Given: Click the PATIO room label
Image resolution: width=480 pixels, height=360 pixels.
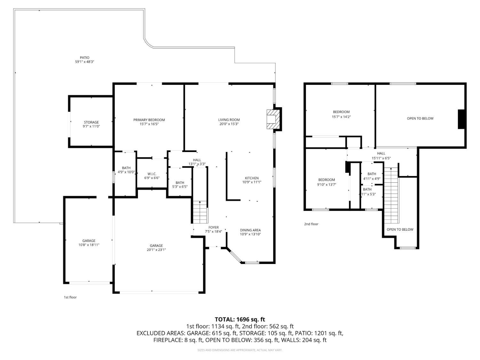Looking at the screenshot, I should pos(84,58).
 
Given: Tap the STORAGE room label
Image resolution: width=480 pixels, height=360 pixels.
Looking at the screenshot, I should pos(91,122).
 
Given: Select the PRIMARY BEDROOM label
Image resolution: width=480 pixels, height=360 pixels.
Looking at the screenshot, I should pos(149,120).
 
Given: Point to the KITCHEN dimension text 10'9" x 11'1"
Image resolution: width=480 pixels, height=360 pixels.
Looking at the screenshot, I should pos(252,182).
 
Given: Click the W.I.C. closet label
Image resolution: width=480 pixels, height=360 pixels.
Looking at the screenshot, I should pos(152,174).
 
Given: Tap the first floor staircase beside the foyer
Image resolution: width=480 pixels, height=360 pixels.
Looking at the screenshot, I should pos(200,212).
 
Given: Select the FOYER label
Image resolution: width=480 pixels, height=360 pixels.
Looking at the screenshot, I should pos(213,228).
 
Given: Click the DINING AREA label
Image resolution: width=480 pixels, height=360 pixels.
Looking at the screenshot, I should pos(250,230).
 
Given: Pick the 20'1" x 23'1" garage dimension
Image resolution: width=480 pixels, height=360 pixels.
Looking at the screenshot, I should pos(156,250).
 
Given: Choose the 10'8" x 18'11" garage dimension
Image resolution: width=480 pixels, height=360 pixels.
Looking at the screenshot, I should pos(89,245).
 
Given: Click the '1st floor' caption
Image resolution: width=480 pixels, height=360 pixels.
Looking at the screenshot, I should pos(70,297).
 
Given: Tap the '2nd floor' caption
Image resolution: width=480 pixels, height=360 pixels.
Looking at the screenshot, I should pos(311,224).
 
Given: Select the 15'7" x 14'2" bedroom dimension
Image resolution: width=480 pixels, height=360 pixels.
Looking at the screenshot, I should pos(341,117).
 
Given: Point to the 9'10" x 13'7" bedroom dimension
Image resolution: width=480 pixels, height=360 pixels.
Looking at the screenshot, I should pos(326,184).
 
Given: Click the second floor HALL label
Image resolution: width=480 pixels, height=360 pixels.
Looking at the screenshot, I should pos(381,153).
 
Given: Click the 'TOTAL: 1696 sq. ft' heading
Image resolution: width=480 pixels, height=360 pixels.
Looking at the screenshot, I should pos(240,319).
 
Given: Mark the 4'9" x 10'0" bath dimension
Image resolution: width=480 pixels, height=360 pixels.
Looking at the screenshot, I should pos(126,172).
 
